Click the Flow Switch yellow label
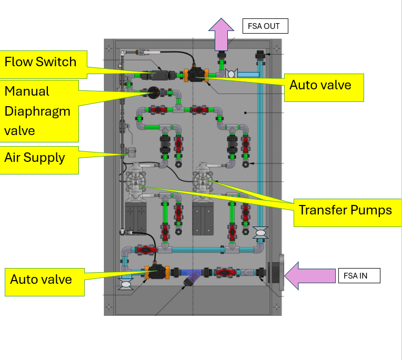[40, 62]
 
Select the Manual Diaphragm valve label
[38, 111]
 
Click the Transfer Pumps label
[345, 210]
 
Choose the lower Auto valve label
[42, 279]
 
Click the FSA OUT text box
[265, 26]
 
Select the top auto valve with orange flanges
[196, 75]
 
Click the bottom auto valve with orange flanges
[156, 272]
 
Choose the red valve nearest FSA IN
[224, 272]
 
